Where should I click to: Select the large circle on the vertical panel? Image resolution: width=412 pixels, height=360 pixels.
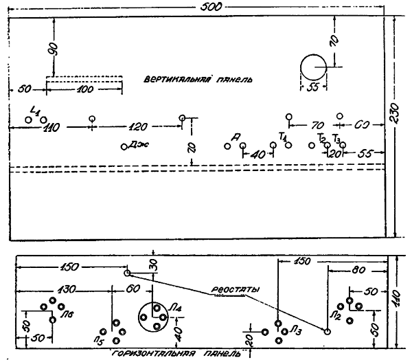click(x=314, y=67)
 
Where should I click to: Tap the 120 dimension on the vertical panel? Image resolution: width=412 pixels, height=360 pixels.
click(x=138, y=128)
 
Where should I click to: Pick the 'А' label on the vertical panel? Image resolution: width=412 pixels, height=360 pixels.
click(x=237, y=138)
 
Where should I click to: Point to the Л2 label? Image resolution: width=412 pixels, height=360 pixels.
click(x=335, y=315)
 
